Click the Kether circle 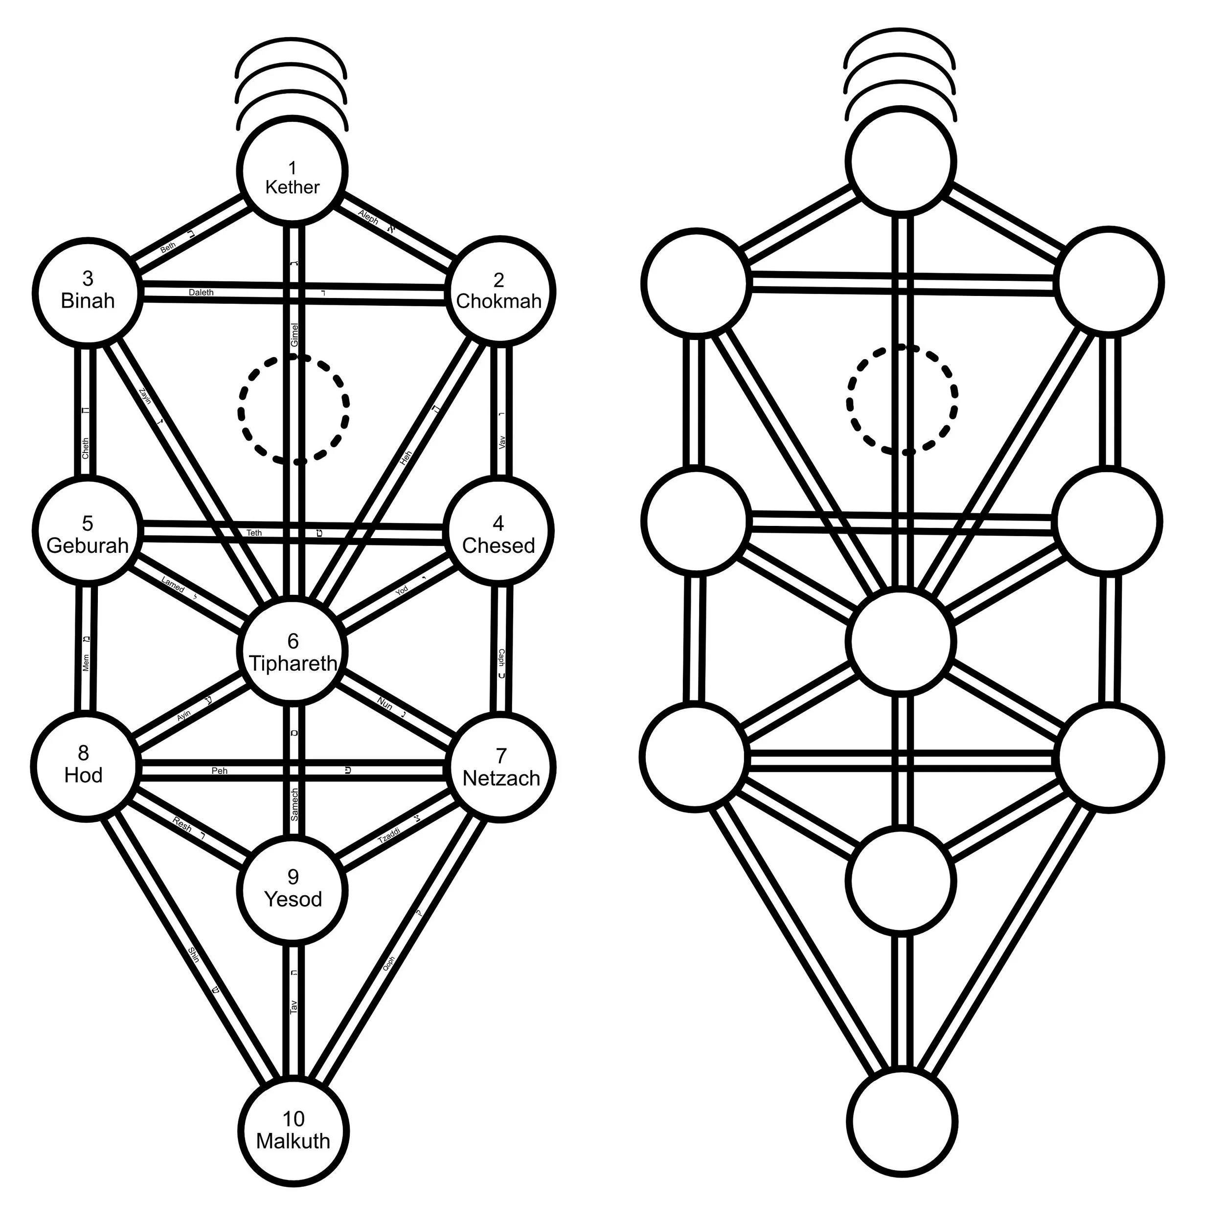click(293, 170)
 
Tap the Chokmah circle click(500, 292)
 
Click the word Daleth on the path click(201, 293)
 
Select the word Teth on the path click(254, 533)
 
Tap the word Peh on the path click(219, 771)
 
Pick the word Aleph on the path click(368, 217)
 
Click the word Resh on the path click(182, 824)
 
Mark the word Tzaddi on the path click(389, 836)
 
